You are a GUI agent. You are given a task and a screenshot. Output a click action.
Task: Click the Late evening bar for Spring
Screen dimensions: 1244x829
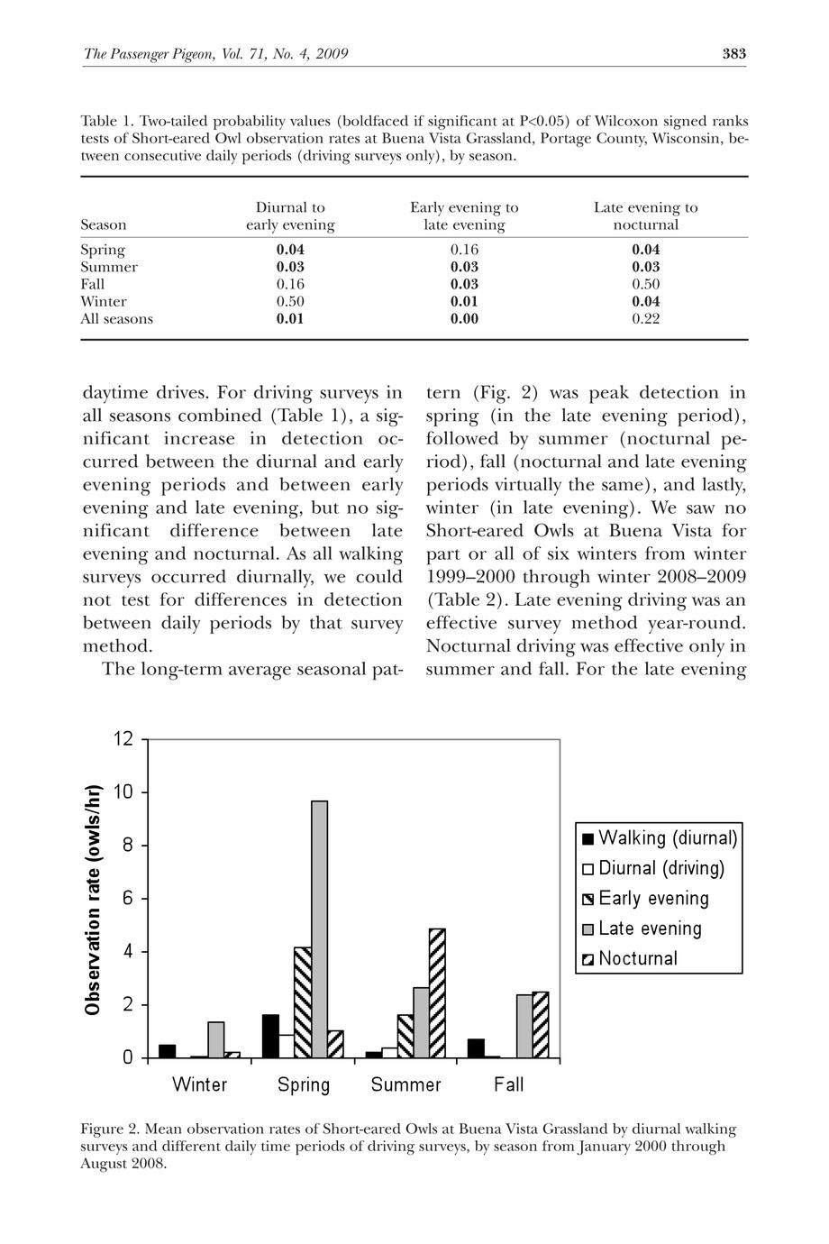[319, 928]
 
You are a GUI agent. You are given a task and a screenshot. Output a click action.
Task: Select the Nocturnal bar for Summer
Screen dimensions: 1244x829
[437, 992]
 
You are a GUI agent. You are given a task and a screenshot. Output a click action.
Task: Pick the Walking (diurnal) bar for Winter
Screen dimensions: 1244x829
[168, 1051]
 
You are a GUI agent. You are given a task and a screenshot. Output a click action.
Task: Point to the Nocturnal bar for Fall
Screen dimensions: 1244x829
[541, 1024]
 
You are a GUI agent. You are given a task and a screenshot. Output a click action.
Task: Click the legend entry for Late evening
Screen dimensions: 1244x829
[649, 928]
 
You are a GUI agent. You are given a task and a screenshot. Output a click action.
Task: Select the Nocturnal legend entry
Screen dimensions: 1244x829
[637, 958]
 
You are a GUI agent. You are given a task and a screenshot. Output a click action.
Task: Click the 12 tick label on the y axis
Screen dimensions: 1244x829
[123, 739]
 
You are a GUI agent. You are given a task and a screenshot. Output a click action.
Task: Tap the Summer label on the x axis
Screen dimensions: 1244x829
[406, 1084]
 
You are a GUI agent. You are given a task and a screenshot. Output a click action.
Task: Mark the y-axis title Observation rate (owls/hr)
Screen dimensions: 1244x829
[92, 899]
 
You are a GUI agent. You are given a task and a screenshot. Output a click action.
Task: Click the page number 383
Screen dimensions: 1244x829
[734, 54]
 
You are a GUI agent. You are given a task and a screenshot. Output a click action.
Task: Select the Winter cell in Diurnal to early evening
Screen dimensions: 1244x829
[290, 301]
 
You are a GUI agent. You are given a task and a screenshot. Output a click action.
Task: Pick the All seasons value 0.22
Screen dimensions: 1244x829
[645, 318]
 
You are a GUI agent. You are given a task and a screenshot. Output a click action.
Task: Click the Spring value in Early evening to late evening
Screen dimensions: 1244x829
[464, 250]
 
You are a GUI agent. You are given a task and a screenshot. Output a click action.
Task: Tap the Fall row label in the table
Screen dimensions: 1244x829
[93, 284]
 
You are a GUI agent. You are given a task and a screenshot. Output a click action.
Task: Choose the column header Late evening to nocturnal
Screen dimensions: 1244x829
[645, 216]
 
